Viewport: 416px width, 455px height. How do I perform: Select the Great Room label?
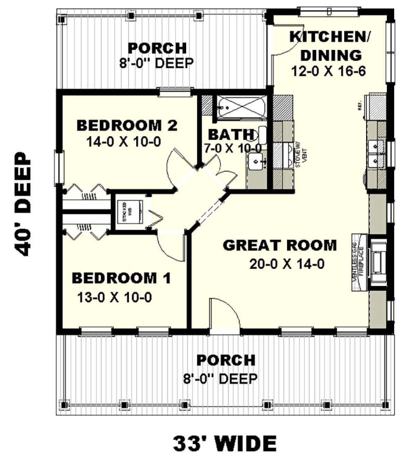click(x=279, y=245)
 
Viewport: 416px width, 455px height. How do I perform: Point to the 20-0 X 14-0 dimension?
click(x=287, y=264)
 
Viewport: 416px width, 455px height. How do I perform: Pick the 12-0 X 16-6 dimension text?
click(x=329, y=71)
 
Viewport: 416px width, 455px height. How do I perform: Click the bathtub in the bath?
click(x=241, y=108)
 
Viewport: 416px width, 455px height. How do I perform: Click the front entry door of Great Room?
click(x=225, y=315)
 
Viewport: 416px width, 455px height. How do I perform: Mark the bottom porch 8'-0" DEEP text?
click(x=220, y=378)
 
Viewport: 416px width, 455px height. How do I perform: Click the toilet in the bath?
click(x=262, y=135)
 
